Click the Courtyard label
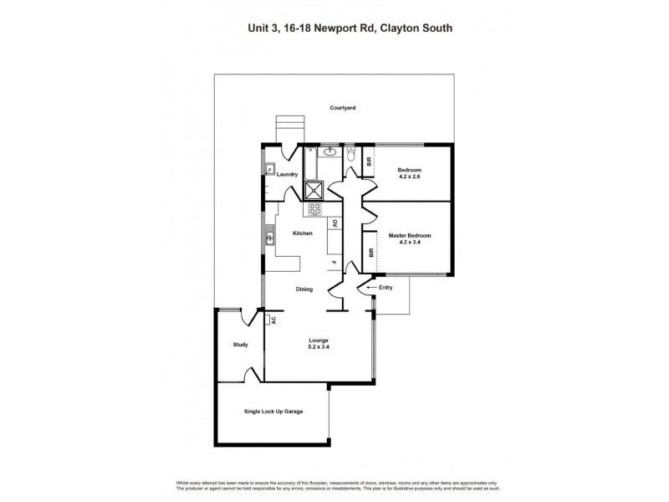click(x=343, y=108)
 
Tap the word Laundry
click(x=289, y=174)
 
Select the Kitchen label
click(x=301, y=233)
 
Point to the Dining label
click(x=304, y=289)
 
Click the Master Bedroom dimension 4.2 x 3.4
click(x=409, y=243)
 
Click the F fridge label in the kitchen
click(x=333, y=264)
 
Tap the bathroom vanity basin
click(x=331, y=152)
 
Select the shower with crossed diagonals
click(x=316, y=189)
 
